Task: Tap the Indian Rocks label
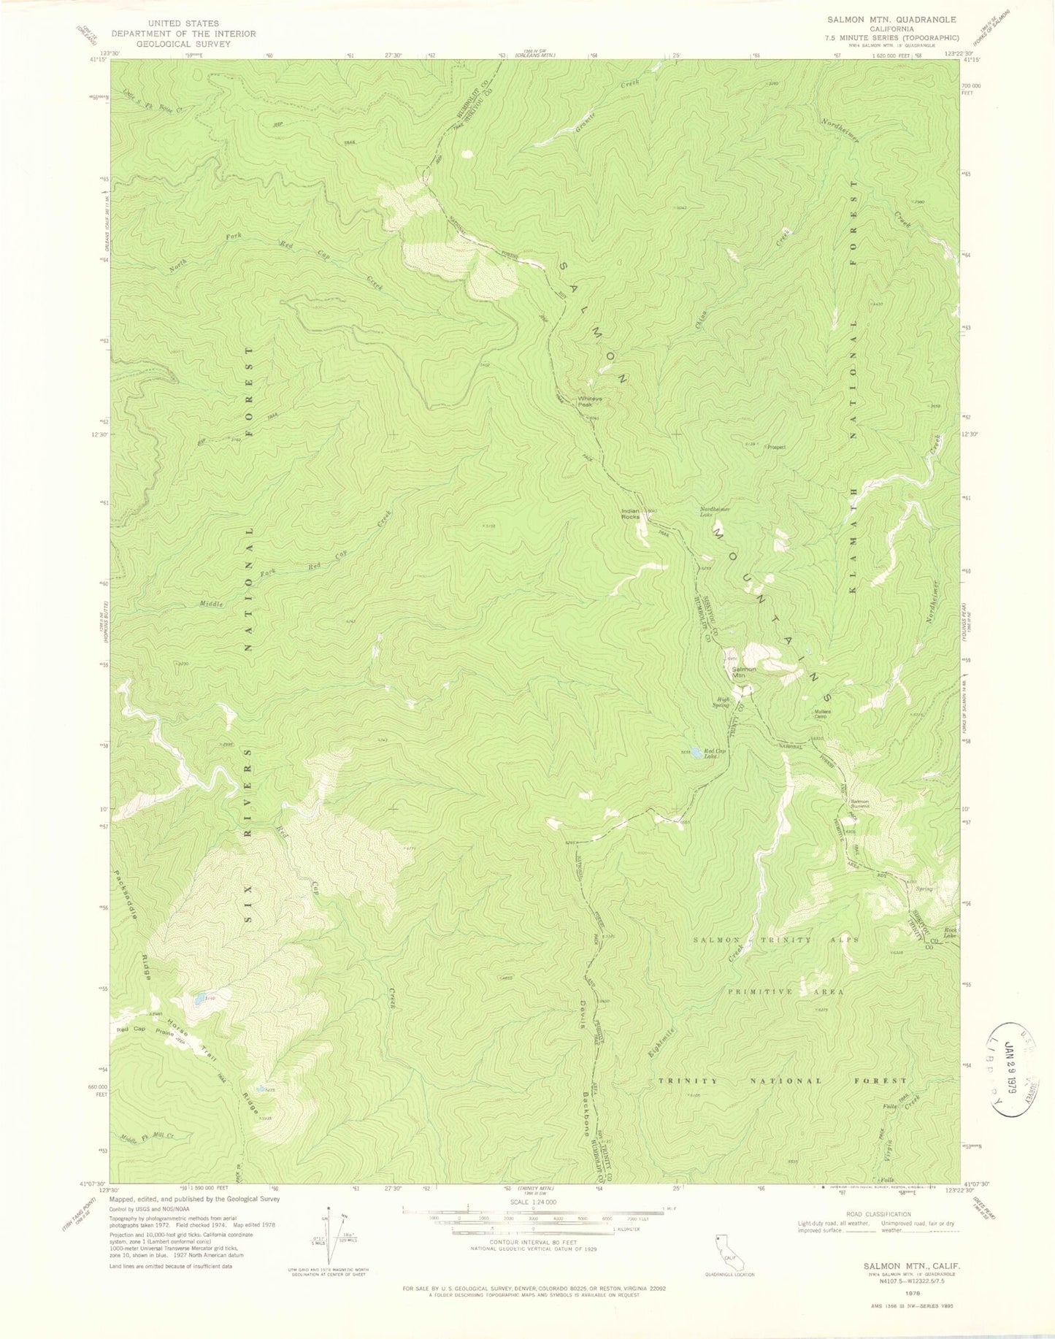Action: point(630,514)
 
